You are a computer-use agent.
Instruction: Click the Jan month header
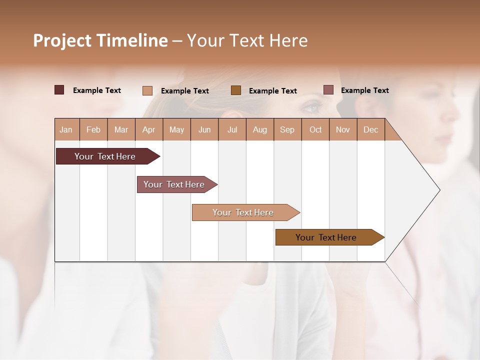pyautogui.click(x=66, y=129)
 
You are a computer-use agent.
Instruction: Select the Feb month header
pyautogui.click(x=93, y=129)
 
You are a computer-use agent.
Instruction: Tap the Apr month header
pyautogui.click(x=148, y=129)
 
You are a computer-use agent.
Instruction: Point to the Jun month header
pyautogui.click(x=204, y=129)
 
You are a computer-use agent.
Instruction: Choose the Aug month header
pyautogui.click(x=259, y=129)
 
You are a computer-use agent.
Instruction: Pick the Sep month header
pyautogui.click(x=287, y=129)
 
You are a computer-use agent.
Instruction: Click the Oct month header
pyautogui.click(x=315, y=129)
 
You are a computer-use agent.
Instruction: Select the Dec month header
pyautogui.click(x=370, y=129)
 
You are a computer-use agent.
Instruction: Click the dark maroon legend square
pyautogui.click(x=59, y=90)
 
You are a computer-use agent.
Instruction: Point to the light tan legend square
pyautogui.click(x=147, y=90)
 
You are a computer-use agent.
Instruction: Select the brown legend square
pyautogui.click(x=236, y=90)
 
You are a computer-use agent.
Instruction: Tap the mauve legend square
pyautogui.click(x=328, y=90)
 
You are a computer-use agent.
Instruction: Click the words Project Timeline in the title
pyautogui.click(x=100, y=40)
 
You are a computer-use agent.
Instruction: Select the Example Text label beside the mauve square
pyautogui.click(x=364, y=90)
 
